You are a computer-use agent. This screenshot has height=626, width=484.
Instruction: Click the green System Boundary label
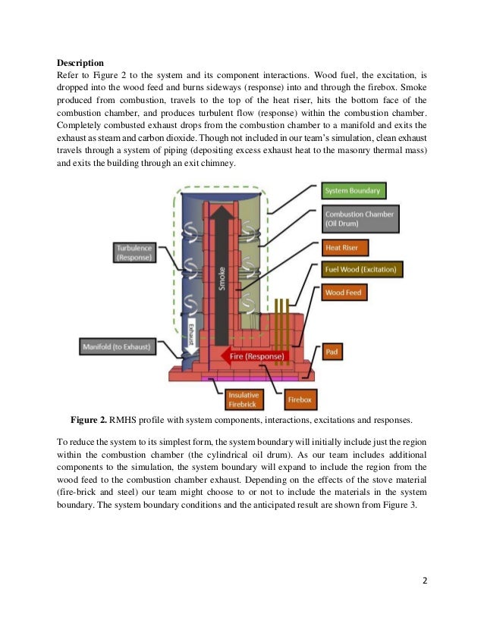click(x=351, y=191)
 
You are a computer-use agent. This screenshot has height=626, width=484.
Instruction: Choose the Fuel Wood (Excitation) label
click(x=360, y=270)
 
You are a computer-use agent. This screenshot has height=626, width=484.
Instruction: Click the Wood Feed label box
click(x=345, y=292)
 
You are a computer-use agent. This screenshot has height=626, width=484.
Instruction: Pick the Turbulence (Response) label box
click(x=134, y=252)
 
